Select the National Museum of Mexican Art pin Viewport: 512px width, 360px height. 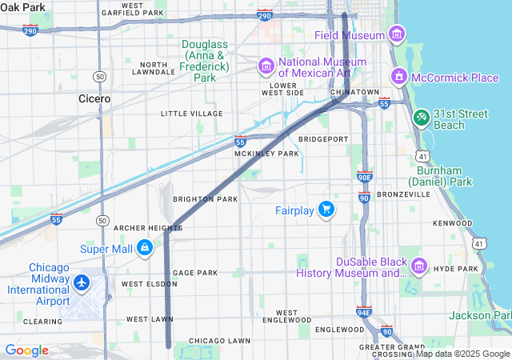pyautogui.click(x=266, y=65)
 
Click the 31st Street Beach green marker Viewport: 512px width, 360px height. pyautogui.click(x=422, y=118)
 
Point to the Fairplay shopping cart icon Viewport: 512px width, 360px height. pyautogui.click(x=326, y=210)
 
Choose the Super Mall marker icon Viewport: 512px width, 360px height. pyautogui.click(x=145, y=248)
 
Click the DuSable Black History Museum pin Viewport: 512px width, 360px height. pyautogui.click(x=418, y=266)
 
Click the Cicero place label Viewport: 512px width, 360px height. pyautogui.click(x=94, y=98)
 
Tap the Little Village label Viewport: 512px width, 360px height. pyautogui.click(x=191, y=114)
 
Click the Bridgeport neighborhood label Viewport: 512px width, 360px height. pyautogui.click(x=323, y=138)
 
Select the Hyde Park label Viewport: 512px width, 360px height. pyautogui.click(x=455, y=269)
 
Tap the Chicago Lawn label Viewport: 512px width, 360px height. pyautogui.click(x=219, y=340)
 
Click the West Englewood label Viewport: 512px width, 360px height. pyautogui.click(x=286, y=317)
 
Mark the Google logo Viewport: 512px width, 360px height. pyautogui.click(x=26, y=350)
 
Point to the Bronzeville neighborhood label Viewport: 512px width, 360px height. pyautogui.click(x=404, y=194)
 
